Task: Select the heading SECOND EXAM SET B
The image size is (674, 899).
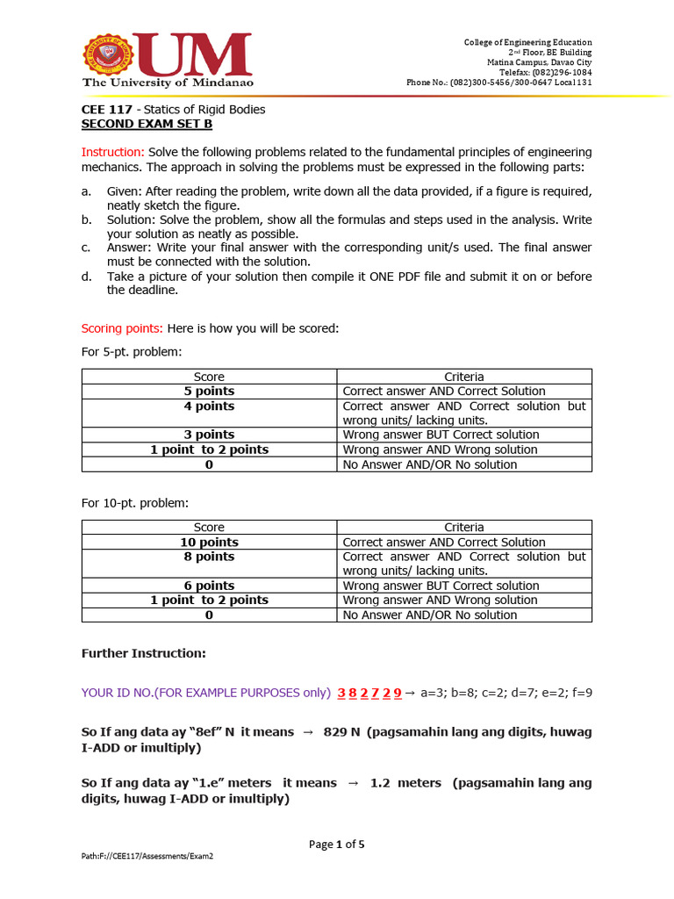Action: pyautogui.click(x=147, y=125)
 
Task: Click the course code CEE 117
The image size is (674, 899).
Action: pyautogui.click(x=107, y=110)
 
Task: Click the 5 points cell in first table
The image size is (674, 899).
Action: pyautogui.click(x=209, y=392)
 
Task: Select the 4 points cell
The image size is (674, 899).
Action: pyautogui.click(x=209, y=406)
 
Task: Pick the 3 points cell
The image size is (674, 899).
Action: pyautogui.click(x=209, y=435)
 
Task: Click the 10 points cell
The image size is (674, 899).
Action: pyautogui.click(x=209, y=543)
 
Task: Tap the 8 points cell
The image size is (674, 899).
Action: pyautogui.click(x=209, y=557)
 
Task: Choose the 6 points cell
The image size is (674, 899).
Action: pyautogui.click(x=209, y=586)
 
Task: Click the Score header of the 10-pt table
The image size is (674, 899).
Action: pyautogui.click(x=209, y=528)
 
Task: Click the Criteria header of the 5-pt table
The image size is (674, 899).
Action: pyautogui.click(x=463, y=377)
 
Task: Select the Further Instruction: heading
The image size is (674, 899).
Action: pyautogui.click(x=143, y=654)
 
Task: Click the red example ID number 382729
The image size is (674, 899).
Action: pyautogui.click(x=369, y=693)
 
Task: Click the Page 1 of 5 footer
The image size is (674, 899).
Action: pyautogui.click(x=336, y=845)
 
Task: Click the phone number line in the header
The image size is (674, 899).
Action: pyautogui.click(x=498, y=83)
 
